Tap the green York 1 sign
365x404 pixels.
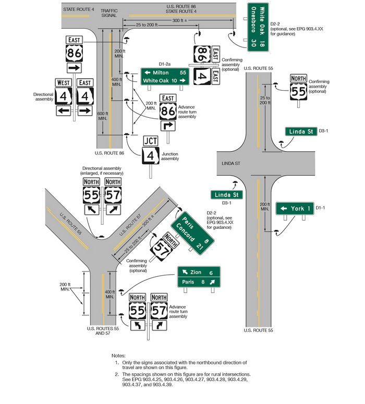(295, 209)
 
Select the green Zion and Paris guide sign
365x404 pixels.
(197, 277)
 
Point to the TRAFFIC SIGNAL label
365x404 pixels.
(108, 13)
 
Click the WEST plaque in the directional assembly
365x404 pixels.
(64, 82)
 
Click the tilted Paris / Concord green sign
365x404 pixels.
(193, 232)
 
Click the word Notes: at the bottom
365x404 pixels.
(119, 354)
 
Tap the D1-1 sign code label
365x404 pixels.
(323, 208)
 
